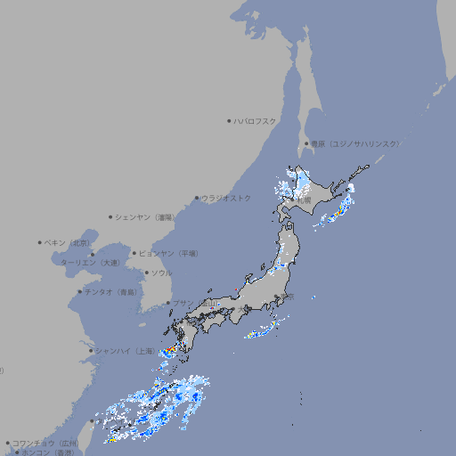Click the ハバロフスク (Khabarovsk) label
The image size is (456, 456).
pos(256,120)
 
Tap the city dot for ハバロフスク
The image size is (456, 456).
pos(229,120)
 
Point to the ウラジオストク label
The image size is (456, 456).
pos(226,198)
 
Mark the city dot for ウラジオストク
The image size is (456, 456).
pos(197,198)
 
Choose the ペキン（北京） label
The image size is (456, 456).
pos(68,242)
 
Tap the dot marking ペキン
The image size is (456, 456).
pos(40,242)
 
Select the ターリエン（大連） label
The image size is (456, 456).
pos(90,263)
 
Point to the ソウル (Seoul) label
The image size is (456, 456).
pos(161,273)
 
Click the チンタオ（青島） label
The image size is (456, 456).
pos(110,291)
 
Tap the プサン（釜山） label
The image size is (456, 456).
pos(191,303)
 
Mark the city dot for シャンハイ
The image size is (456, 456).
pos(91,351)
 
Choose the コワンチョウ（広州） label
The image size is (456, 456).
pos(45,443)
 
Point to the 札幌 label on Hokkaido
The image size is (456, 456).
pos(304,201)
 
